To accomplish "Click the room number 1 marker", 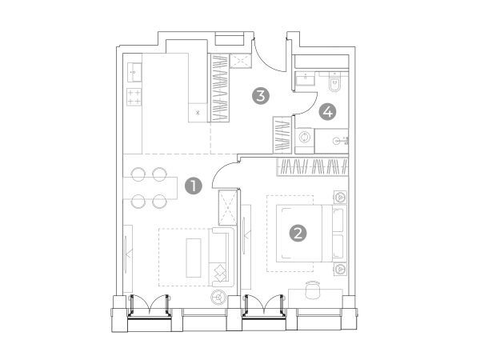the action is pos(194,186).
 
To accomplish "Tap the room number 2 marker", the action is pos(298,234).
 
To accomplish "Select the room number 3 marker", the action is pos(261,96).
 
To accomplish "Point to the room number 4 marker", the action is pos(327,112).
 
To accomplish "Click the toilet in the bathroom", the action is pos(334,82).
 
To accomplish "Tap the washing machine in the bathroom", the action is pos(305,138).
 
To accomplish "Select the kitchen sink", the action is pos(134,72).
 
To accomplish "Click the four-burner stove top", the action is pos(134,97).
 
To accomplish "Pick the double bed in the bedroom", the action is pos(312,234).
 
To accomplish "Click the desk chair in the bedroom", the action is pos(312,290).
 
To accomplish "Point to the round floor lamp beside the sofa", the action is pos(218,297).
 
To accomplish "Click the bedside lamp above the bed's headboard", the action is pos(340,197).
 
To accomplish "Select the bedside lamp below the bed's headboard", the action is pos(340,269).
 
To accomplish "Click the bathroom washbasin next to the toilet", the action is pos(305,79).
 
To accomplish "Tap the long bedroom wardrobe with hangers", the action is pos(312,167).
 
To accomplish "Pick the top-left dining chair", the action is pos(138,174).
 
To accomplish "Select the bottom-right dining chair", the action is pos(159,202).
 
